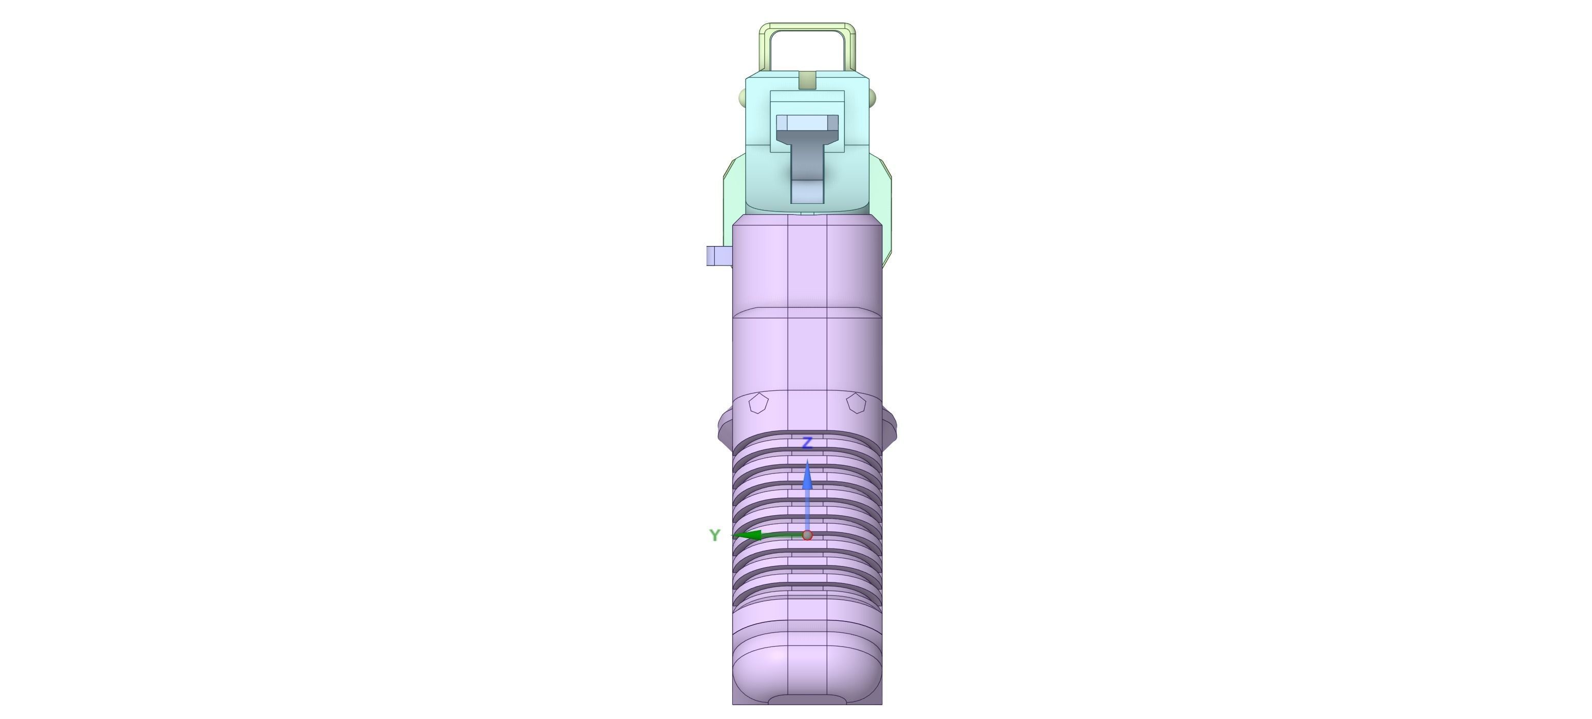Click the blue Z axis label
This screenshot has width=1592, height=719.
tap(806, 443)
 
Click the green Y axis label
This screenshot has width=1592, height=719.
tap(714, 535)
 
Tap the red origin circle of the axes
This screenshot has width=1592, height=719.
tap(807, 535)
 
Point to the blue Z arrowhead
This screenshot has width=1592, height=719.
tap(807, 477)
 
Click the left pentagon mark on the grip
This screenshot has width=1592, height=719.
tap(759, 404)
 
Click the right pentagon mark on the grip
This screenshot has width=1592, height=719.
tap(856, 404)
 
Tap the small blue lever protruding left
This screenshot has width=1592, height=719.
tap(719, 256)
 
